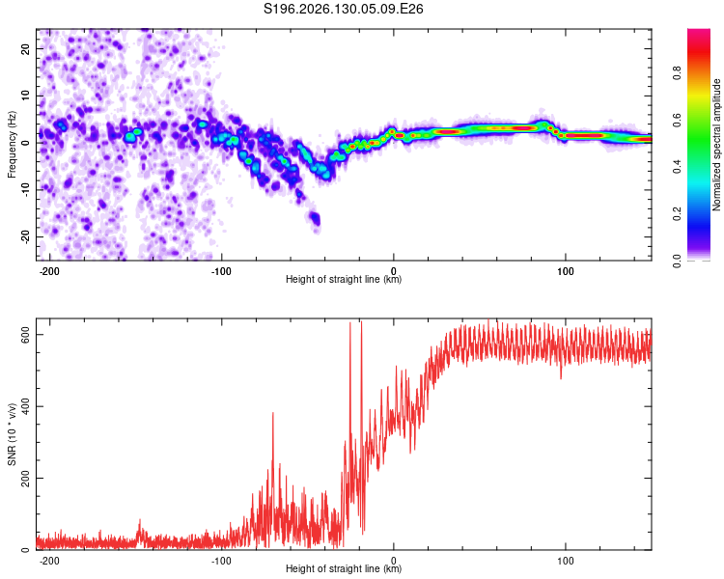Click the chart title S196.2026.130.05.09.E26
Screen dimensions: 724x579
pyautogui.click(x=343, y=9)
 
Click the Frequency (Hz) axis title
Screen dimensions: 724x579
pyautogui.click(x=12, y=145)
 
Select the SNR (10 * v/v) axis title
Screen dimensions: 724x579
pyautogui.click(x=12, y=434)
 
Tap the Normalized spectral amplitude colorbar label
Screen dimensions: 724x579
pyautogui.click(x=716, y=145)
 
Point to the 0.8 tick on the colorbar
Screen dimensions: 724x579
pyautogui.click(x=677, y=73)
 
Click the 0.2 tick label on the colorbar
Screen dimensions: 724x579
pyautogui.click(x=677, y=214)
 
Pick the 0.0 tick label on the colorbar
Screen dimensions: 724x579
pyautogui.click(x=677, y=261)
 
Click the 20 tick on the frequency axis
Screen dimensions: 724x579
pyautogui.click(x=26, y=48)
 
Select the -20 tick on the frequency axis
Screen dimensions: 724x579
pyautogui.click(x=26, y=237)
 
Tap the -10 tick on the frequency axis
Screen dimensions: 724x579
pyautogui.click(x=26, y=190)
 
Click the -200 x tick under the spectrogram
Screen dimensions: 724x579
pyautogui.click(x=49, y=271)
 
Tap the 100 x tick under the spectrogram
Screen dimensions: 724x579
pyautogui.click(x=565, y=271)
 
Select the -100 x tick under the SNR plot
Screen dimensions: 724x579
pyautogui.click(x=221, y=561)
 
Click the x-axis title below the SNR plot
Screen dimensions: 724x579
pyautogui.click(x=344, y=568)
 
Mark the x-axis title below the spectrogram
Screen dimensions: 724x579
pyautogui.click(x=344, y=279)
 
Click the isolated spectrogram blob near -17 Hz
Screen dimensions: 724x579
pyautogui.click(x=316, y=218)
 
